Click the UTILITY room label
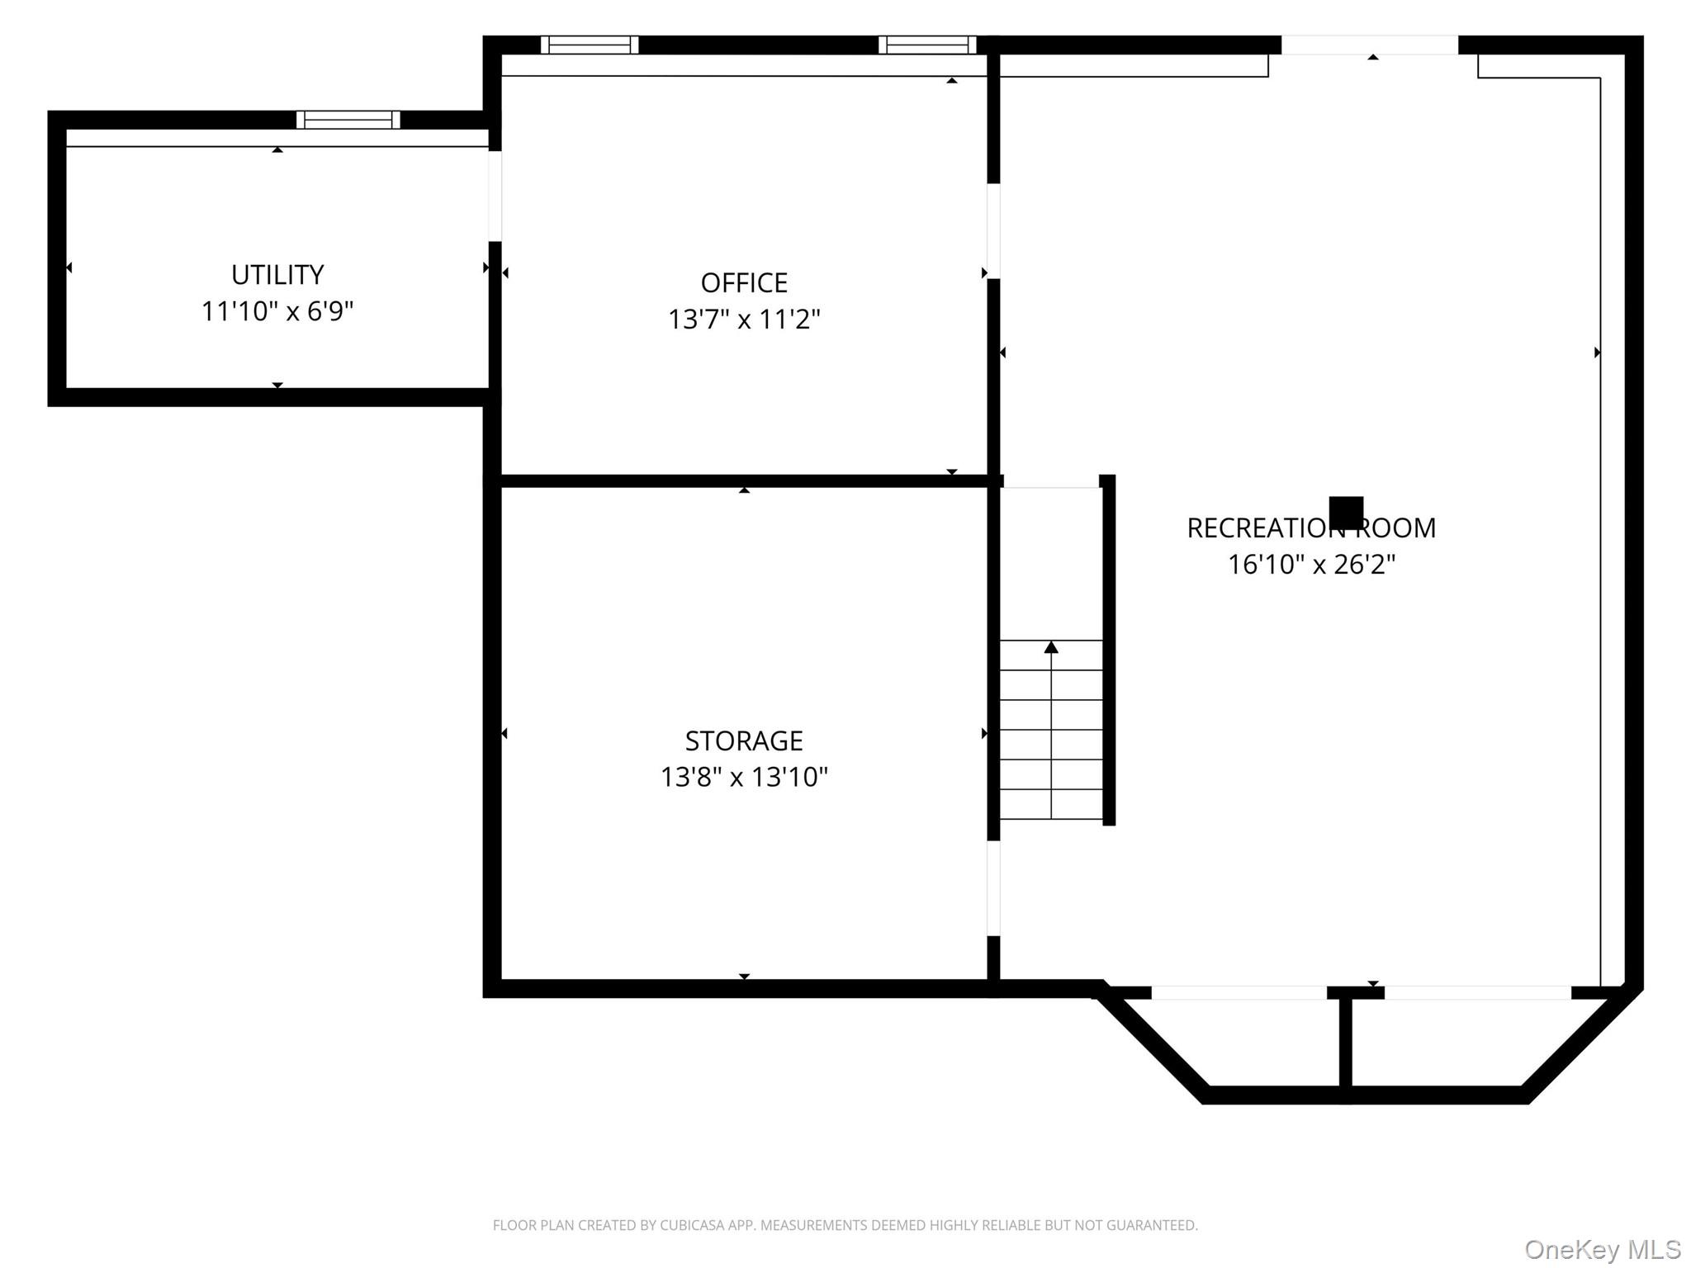(x=277, y=274)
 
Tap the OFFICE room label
(x=744, y=282)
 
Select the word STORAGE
(x=744, y=740)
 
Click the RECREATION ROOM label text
(x=1311, y=528)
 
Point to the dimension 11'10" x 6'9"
(x=277, y=311)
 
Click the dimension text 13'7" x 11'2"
(x=744, y=319)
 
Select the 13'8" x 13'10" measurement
(x=744, y=777)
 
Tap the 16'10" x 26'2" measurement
(x=1311, y=564)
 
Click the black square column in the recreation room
(x=1346, y=513)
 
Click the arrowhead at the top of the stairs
(x=1051, y=647)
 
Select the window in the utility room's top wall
(x=348, y=120)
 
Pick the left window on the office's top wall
(x=590, y=45)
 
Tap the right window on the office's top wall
(x=927, y=45)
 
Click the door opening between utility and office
(x=495, y=196)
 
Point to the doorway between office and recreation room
(x=994, y=231)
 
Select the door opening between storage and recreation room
(x=994, y=888)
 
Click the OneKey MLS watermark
(x=1603, y=1249)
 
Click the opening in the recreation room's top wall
(x=1370, y=45)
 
